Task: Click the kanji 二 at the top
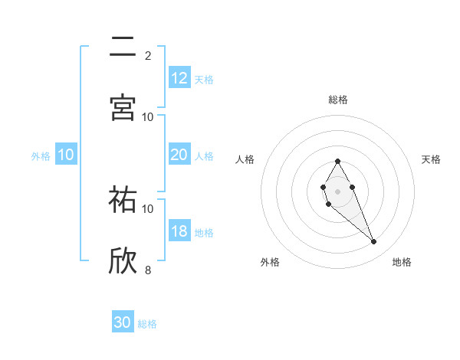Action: coord(123,48)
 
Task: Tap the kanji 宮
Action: coord(123,107)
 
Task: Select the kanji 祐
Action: coord(123,201)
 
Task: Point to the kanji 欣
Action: coord(123,260)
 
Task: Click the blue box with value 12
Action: coord(179,78)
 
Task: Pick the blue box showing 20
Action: coord(179,155)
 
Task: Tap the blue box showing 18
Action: coord(179,232)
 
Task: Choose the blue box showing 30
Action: coord(123,322)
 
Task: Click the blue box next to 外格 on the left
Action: coord(66,155)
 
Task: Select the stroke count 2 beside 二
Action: coord(148,55)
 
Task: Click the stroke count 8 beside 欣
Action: coord(148,269)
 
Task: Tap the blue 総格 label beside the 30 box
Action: coord(147,324)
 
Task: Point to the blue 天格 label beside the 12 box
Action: coord(204,80)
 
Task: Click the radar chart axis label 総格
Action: coord(338,100)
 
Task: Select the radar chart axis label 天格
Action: coord(432,159)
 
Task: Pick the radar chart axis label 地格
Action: coord(402,262)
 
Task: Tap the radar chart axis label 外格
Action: coord(270,262)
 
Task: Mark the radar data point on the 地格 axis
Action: coord(374,242)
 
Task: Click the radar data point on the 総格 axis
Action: coord(338,161)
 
